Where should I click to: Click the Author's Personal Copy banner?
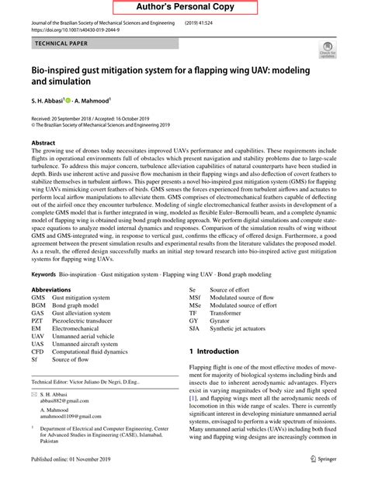coord(184,7)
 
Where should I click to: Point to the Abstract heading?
coord(43,144)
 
